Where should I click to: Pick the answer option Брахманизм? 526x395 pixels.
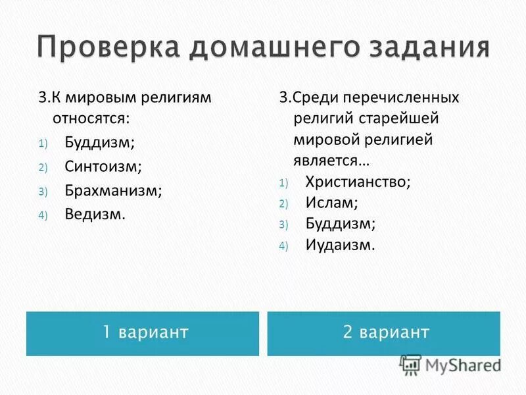(113, 190)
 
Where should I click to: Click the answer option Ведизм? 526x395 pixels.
(95, 214)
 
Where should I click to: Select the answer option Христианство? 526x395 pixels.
(358, 182)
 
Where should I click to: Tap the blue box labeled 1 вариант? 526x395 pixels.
(143, 333)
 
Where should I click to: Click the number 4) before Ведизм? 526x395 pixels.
(43, 215)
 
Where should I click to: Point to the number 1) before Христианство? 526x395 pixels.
(283, 183)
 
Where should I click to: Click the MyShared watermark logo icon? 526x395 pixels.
(411, 365)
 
